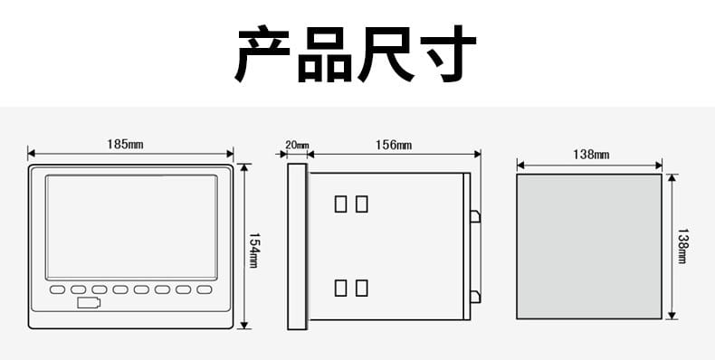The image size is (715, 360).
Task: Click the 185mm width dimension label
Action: click(x=125, y=145)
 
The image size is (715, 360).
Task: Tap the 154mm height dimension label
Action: click(x=253, y=251)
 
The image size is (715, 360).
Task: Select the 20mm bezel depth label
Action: click(x=297, y=145)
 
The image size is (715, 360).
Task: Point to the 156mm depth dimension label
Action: click(x=394, y=145)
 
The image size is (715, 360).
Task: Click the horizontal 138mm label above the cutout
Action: click(x=591, y=155)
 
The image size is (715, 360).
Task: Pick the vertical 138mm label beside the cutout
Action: click(x=682, y=246)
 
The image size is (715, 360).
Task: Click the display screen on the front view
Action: click(x=131, y=227)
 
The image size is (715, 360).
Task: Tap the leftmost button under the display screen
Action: click(x=57, y=289)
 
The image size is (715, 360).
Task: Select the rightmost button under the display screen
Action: click(x=205, y=289)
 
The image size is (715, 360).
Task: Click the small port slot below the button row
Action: click(x=89, y=303)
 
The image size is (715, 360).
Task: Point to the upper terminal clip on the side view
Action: click(x=475, y=216)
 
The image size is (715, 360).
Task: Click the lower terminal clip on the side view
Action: click(x=475, y=297)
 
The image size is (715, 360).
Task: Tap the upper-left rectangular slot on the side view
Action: click(x=340, y=204)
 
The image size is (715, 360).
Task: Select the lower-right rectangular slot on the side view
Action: click(x=362, y=288)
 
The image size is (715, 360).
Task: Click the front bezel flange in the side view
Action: click(x=297, y=247)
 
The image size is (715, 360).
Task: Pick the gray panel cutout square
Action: click(x=589, y=247)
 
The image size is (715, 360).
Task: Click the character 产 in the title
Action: click(x=262, y=53)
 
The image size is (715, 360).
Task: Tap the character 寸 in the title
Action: click(x=448, y=53)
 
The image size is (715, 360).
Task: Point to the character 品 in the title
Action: click(x=325, y=54)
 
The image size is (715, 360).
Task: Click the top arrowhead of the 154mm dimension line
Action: click(x=244, y=167)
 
